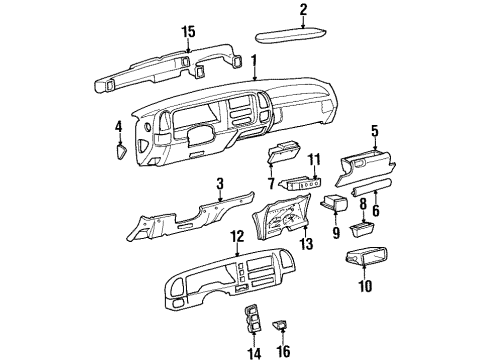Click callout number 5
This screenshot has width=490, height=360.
click(x=375, y=130)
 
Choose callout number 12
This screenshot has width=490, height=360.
click(x=237, y=236)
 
